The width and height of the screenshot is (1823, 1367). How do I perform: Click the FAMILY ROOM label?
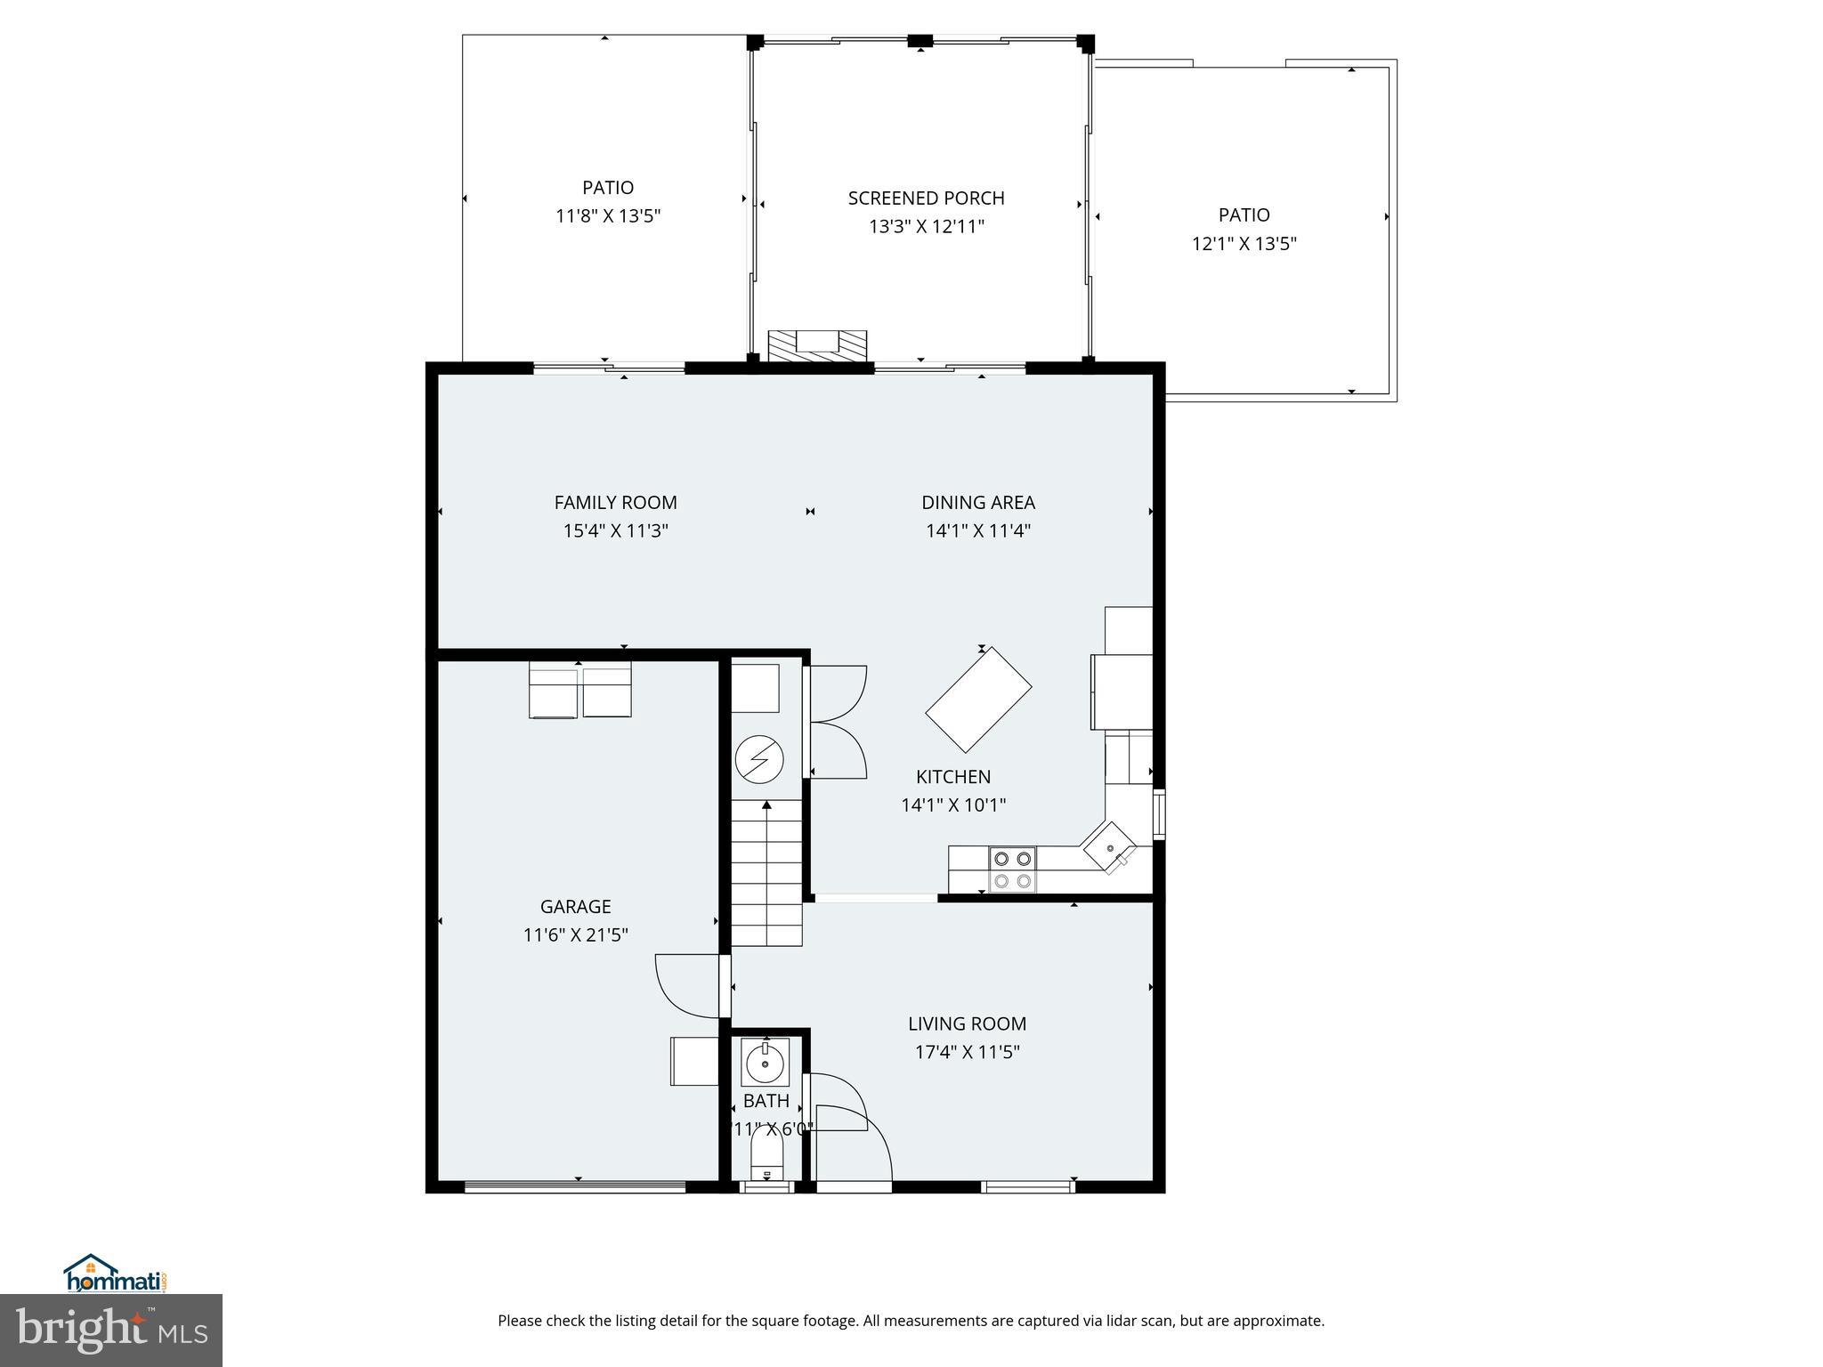click(x=615, y=503)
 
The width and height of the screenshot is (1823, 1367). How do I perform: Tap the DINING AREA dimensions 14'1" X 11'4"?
click(x=977, y=531)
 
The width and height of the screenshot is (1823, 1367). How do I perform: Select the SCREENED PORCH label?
click(x=926, y=198)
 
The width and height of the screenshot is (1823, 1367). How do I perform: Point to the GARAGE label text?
click(x=575, y=907)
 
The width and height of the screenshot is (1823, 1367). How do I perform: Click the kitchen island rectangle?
click(x=978, y=700)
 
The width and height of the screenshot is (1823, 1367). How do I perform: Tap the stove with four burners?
click(x=1013, y=870)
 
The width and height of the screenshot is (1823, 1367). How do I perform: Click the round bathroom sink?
click(x=764, y=1063)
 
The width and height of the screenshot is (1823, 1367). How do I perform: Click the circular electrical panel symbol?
click(x=759, y=759)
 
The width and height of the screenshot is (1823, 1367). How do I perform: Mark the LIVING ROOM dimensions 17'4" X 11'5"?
click(x=967, y=1053)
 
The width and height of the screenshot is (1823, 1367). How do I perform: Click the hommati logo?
click(x=114, y=1275)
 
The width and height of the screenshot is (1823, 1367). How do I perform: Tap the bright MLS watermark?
click(x=110, y=1331)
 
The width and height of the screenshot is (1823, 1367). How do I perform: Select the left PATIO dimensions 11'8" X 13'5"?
click(x=608, y=216)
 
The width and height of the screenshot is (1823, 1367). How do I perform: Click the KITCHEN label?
click(x=952, y=777)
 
